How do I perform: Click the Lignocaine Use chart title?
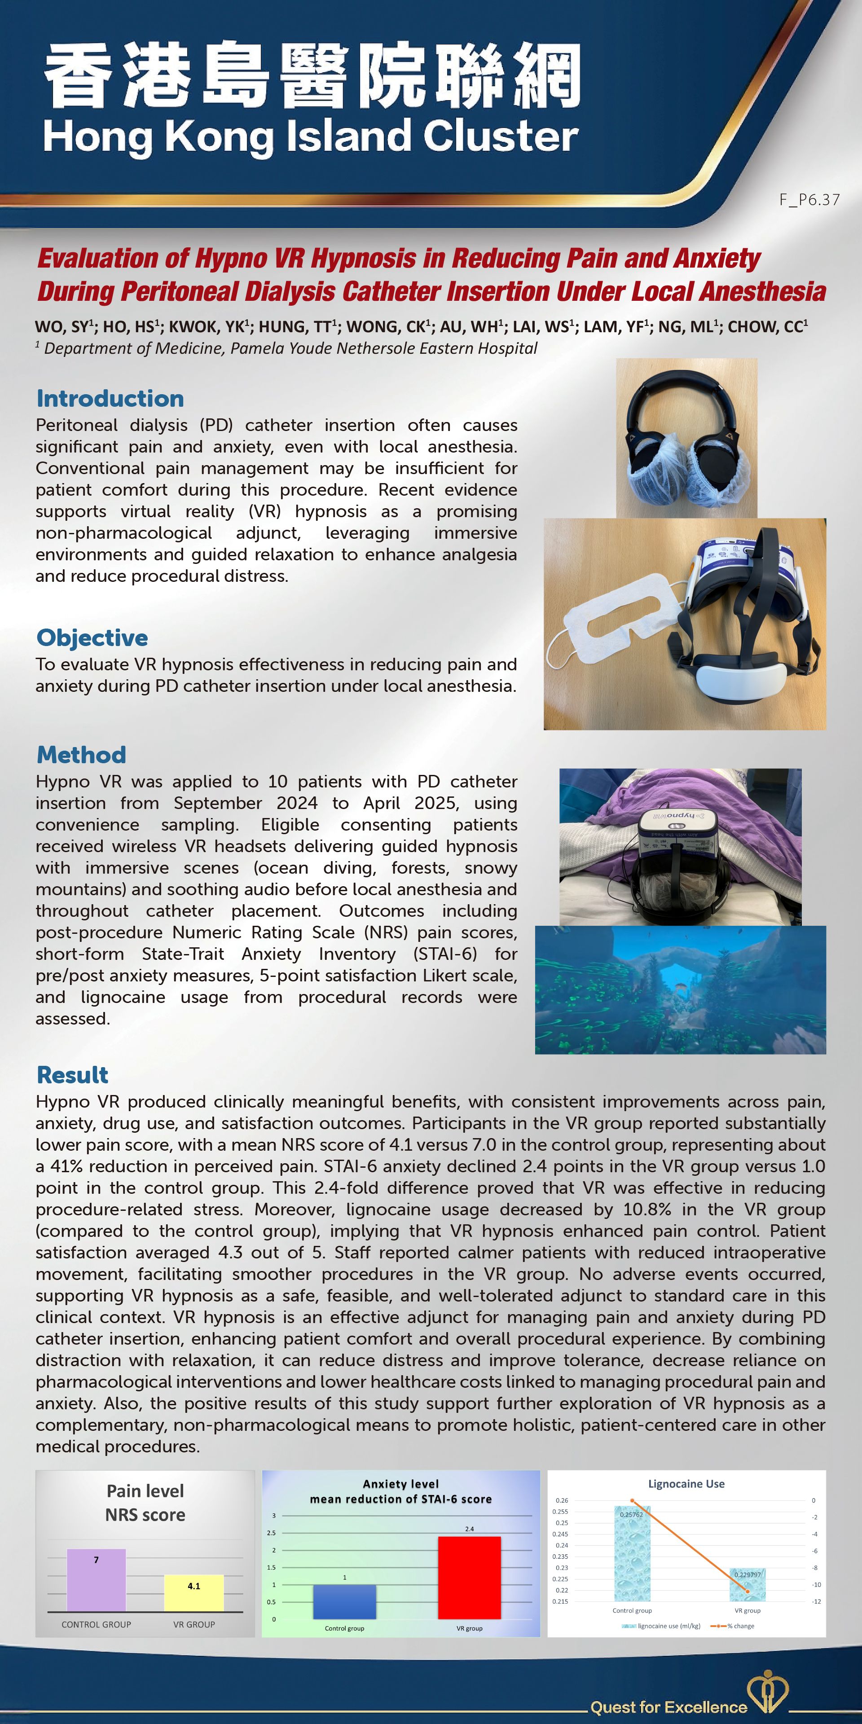click(686, 1484)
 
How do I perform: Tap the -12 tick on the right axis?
click(816, 1601)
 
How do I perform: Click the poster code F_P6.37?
click(809, 199)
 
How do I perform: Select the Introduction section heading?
click(110, 398)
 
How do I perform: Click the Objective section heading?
click(92, 638)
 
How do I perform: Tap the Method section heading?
click(81, 755)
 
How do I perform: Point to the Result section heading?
click(72, 1075)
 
